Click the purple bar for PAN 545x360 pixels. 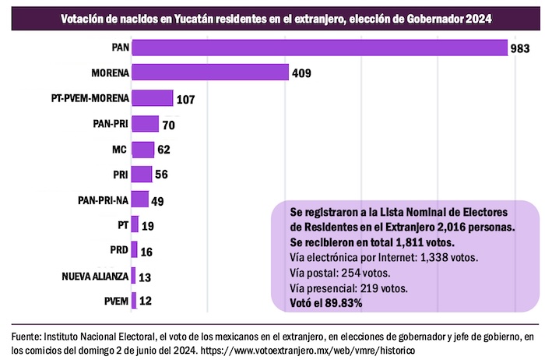[x=320, y=48]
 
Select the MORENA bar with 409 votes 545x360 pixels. [x=210, y=72]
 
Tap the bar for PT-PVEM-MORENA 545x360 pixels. [x=153, y=98]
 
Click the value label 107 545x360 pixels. [x=185, y=99]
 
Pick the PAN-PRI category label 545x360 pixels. [x=110, y=123]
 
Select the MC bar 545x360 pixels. [x=143, y=149]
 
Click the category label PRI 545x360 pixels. [x=119, y=174]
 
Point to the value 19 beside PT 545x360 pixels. [x=149, y=225]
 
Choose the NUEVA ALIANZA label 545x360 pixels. [x=95, y=275]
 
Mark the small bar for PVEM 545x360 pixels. [x=135, y=300]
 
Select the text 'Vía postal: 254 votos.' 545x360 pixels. [x=339, y=272]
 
